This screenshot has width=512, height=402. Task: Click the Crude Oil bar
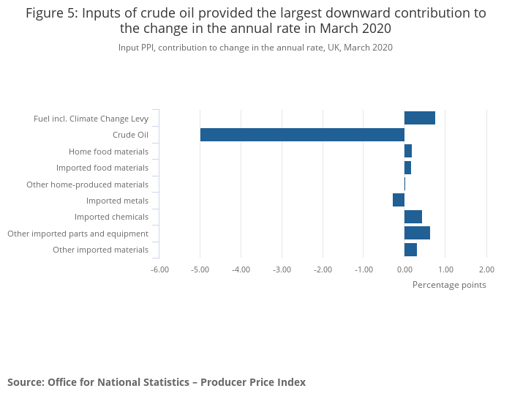click(302, 135)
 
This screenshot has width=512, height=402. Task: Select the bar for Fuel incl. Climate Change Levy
click(420, 118)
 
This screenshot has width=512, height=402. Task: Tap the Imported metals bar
click(399, 200)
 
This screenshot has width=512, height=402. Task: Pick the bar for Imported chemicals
click(413, 217)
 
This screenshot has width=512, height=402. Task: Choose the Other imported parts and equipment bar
click(417, 233)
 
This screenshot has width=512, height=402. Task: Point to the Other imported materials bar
click(410, 250)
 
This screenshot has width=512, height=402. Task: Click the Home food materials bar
click(408, 151)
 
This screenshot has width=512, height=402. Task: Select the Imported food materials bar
click(407, 168)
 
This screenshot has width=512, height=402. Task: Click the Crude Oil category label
click(130, 135)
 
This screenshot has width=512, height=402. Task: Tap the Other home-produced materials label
click(87, 185)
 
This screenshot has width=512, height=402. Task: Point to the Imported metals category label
click(117, 201)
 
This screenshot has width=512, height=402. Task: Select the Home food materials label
click(108, 152)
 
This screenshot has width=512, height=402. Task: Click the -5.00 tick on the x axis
click(200, 269)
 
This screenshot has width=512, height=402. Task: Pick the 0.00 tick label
click(404, 269)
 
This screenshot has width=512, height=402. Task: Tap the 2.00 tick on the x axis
click(486, 269)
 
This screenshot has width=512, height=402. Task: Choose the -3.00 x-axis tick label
click(282, 269)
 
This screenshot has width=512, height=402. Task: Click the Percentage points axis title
click(449, 285)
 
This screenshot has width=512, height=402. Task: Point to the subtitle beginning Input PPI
click(255, 48)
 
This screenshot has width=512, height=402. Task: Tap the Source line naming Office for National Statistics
click(157, 382)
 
